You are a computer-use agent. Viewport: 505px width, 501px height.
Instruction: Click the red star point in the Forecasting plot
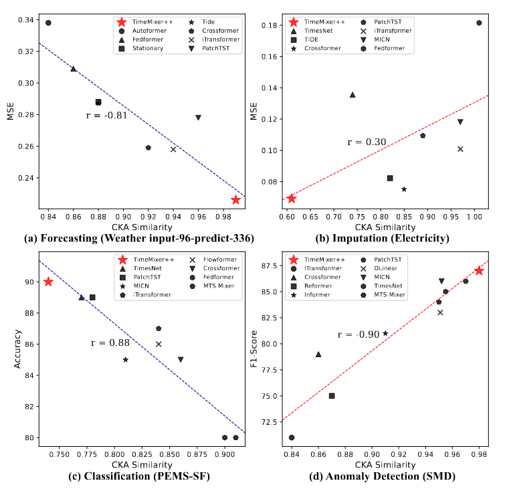point(235,199)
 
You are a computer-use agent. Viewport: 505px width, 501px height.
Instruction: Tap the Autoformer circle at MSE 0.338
point(48,23)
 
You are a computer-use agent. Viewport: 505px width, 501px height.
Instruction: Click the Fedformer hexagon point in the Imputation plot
point(479,23)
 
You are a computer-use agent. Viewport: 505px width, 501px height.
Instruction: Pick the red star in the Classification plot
point(48,282)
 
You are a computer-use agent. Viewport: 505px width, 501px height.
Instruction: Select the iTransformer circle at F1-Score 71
point(292,437)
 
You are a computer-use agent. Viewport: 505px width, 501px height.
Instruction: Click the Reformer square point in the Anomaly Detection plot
point(332,396)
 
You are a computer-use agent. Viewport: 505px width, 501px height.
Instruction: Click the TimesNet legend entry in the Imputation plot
point(318,31)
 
